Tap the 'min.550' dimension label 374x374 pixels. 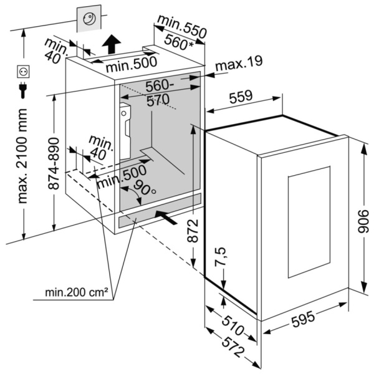[x=181, y=24]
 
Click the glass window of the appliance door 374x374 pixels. [x=308, y=222]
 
